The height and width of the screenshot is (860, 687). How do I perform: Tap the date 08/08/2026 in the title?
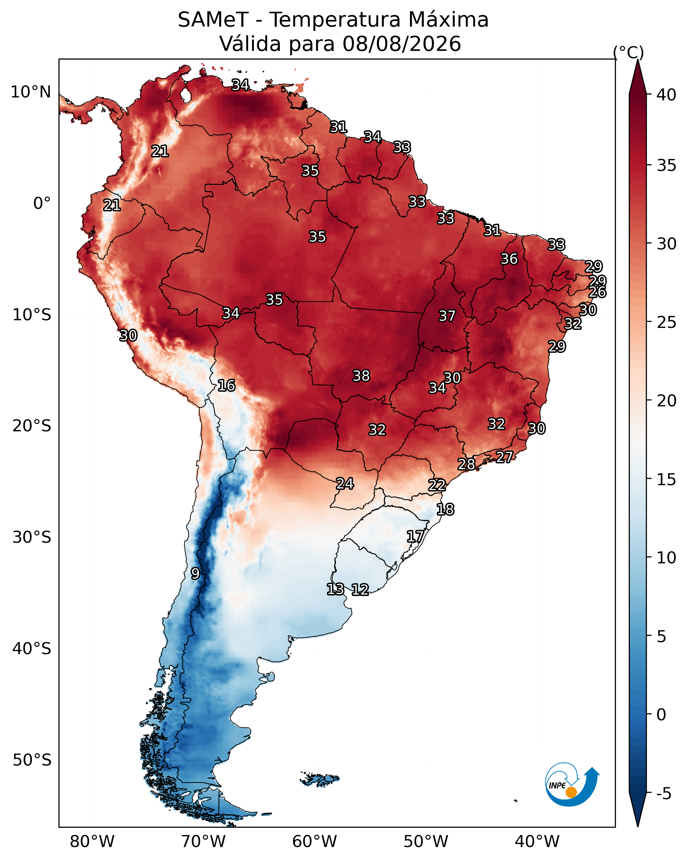(401, 44)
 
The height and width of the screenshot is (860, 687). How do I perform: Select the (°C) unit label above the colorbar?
(629, 52)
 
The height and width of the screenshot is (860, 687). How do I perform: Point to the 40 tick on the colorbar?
(666, 95)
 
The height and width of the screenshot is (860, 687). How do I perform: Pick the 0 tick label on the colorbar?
(661, 715)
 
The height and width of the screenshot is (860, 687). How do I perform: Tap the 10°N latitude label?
(31, 92)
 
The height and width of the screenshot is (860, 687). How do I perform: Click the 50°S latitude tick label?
(32, 760)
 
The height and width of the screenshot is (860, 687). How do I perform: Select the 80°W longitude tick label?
(92, 842)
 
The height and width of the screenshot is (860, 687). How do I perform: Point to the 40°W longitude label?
(537, 842)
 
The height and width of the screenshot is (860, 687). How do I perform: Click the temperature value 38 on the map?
(361, 376)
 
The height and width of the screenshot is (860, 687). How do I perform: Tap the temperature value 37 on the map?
(447, 316)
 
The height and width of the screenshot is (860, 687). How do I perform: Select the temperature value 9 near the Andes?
(195, 573)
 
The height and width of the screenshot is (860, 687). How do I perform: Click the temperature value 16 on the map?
(226, 385)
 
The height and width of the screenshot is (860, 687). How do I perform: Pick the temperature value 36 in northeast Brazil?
(509, 259)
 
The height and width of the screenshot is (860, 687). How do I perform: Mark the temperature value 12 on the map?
(360, 589)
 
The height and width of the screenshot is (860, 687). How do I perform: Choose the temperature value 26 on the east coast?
(598, 292)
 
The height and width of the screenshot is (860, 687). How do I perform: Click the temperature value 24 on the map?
(345, 484)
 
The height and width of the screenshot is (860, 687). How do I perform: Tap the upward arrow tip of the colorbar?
(637, 60)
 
